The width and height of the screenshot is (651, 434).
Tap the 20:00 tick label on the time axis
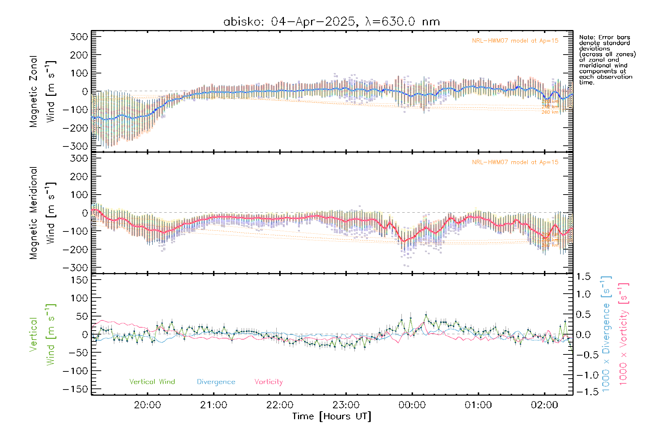(x=147, y=405)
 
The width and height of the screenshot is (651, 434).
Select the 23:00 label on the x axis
(x=346, y=405)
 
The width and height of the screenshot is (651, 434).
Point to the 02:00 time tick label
(x=544, y=405)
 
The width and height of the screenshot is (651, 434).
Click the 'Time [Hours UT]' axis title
(x=332, y=416)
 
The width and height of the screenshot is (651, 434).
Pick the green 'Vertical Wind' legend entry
(x=152, y=382)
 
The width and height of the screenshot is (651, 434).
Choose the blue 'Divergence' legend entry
(x=216, y=382)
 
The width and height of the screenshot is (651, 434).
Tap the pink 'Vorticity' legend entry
(x=268, y=382)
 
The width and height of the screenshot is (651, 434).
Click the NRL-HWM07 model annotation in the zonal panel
(x=515, y=41)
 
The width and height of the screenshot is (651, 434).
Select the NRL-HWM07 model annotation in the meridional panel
(x=515, y=162)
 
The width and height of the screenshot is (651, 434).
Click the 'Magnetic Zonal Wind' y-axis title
(x=43, y=91)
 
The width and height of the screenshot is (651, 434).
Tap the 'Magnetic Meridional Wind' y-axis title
(x=43, y=213)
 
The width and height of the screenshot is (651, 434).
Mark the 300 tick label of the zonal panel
(x=79, y=37)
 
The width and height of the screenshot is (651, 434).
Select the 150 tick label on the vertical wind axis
(x=79, y=280)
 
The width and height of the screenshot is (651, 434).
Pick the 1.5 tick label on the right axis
(x=583, y=277)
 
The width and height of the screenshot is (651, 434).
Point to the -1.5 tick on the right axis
(x=583, y=392)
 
